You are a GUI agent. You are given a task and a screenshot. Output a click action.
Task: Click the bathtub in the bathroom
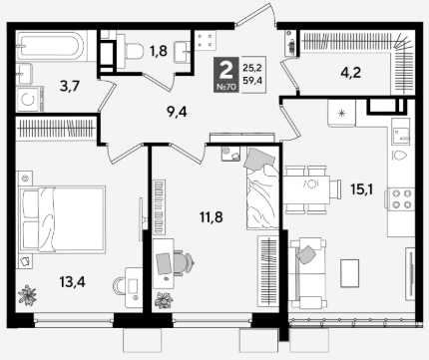[x=52, y=46]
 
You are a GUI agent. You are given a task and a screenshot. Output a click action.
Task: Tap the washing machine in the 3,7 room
[x=30, y=99]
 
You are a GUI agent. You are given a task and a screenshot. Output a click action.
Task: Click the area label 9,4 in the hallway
[x=178, y=112]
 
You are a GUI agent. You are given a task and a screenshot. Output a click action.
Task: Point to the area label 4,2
[x=351, y=72]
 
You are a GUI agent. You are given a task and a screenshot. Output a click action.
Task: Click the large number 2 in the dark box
[x=226, y=70]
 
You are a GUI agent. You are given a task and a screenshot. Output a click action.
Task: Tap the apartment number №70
[x=226, y=87]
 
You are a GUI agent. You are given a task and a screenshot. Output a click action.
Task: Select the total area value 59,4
[x=252, y=80]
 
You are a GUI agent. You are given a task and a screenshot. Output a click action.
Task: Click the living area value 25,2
[x=252, y=68]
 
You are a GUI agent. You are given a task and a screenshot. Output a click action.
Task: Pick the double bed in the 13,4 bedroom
[x=63, y=219]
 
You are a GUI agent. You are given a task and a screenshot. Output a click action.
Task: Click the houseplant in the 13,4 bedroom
[x=27, y=295]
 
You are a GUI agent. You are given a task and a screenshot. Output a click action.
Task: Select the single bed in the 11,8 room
[x=262, y=188]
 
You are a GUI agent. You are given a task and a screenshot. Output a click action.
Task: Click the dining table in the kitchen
[x=306, y=189]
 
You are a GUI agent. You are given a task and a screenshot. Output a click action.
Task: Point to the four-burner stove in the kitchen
[x=401, y=198]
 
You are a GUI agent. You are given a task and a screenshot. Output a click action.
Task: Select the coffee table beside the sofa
[x=349, y=273]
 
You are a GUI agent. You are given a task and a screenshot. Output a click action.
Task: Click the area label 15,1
[x=362, y=189]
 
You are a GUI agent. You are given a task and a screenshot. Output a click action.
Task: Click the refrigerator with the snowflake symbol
[x=341, y=113]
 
